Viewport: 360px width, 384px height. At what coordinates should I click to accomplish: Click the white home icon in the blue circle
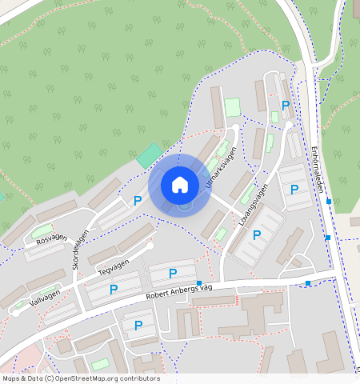click(x=180, y=185)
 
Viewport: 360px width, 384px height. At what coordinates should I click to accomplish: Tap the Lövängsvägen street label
click(x=253, y=206)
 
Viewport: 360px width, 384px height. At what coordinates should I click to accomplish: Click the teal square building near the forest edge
click(x=148, y=155)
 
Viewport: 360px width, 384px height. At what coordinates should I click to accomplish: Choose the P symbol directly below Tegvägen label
click(x=114, y=289)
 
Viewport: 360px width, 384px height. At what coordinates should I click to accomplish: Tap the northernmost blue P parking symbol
click(x=286, y=106)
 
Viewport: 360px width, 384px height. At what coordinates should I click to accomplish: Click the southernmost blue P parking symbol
click(x=138, y=326)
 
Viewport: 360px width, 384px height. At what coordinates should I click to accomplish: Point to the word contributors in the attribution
click(x=139, y=378)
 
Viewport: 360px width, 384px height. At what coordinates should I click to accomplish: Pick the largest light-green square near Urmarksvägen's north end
click(x=232, y=107)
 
